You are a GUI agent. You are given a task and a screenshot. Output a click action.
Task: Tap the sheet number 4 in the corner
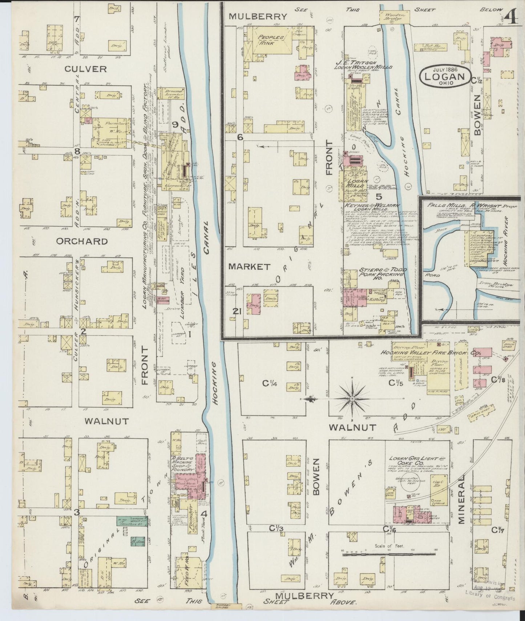click(x=512, y=16)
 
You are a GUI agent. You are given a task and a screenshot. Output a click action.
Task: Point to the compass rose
click(x=352, y=399)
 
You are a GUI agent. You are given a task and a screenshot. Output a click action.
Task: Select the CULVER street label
click(x=86, y=69)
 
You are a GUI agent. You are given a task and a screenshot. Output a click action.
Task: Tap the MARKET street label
click(x=249, y=267)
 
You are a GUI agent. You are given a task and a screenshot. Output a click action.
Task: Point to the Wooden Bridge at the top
click(x=395, y=15)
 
